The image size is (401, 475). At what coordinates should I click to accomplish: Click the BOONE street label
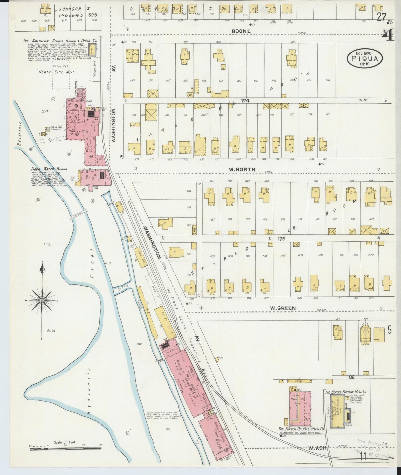[x=241, y=31]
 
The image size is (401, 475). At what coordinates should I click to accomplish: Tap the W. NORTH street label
[x=242, y=169]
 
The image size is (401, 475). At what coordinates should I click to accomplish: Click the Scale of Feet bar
[x=65, y=448]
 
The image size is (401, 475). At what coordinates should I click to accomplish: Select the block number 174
[x=245, y=101]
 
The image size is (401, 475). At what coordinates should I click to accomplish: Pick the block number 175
[x=281, y=239]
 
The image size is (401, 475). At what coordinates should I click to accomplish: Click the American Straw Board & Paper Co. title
[x=60, y=41]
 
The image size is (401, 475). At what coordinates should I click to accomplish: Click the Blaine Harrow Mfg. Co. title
[x=346, y=392]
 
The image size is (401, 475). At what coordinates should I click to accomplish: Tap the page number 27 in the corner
[x=381, y=17]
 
